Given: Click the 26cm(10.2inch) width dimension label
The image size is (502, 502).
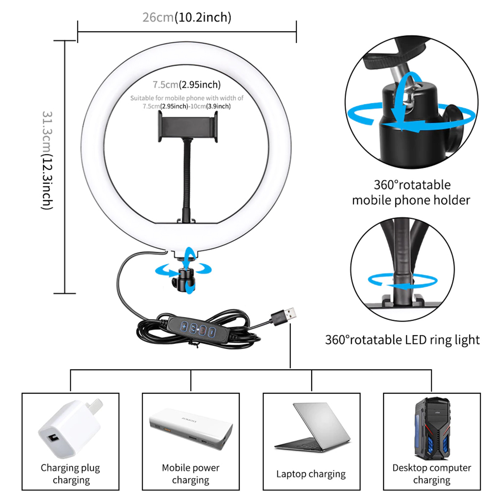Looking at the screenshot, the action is (187, 18).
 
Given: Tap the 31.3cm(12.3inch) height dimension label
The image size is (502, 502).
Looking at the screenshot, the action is (47, 161).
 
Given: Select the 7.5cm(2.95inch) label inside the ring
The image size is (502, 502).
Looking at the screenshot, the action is (187, 85).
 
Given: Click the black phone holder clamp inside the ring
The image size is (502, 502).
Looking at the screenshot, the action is (187, 127).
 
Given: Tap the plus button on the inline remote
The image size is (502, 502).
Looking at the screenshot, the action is (184, 326).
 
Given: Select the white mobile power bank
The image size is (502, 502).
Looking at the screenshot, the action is (191, 429).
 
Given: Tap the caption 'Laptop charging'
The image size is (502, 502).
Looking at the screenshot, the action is (311, 474).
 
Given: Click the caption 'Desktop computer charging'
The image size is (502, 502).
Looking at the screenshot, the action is (432, 474).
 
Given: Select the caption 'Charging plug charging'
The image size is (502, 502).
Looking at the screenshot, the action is (70, 474).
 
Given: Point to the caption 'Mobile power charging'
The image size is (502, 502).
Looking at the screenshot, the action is (191, 474).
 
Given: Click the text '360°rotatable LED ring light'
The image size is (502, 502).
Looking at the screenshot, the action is (402, 340).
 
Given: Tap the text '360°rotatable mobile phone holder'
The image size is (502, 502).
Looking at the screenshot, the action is (411, 192).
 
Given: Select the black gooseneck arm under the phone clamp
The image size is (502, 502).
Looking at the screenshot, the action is (187, 181).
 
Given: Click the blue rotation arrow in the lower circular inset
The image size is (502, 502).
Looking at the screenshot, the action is (402, 281).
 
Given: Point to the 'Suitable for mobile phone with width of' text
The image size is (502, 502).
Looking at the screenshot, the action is (187, 98).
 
